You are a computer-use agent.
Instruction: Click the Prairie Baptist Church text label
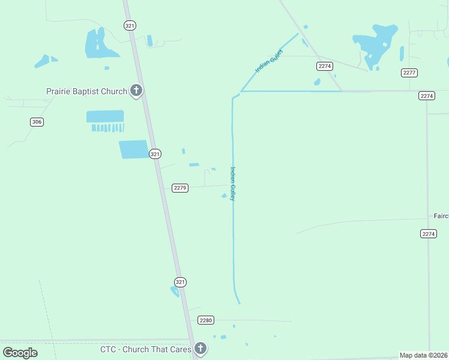tap(86, 91)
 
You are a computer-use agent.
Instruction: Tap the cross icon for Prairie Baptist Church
tap(136, 91)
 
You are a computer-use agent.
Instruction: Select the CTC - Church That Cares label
tap(145, 349)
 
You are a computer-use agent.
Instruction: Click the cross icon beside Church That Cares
tap(200, 348)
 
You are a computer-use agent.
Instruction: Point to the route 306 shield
tap(37, 122)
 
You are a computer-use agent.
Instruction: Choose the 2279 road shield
tap(180, 188)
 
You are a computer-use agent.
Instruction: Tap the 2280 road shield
tap(206, 320)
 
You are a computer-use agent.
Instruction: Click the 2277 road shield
tap(409, 73)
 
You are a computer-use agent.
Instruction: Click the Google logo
tap(20, 352)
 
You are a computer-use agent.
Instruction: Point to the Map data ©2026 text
tap(424, 355)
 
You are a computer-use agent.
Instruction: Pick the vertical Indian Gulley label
tap(232, 184)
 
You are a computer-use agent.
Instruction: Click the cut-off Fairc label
tap(441, 215)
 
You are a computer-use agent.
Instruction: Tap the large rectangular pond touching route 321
tap(134, 149)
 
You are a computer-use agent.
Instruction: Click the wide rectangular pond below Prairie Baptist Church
tap(105, 116)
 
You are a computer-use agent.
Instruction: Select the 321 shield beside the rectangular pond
tap(155, 154)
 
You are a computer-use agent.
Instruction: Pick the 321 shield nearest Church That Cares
tap(181, 281)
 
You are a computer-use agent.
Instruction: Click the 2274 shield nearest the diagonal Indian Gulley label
tap(325, 66)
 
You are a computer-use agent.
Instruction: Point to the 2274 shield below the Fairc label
tap(428, 234)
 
